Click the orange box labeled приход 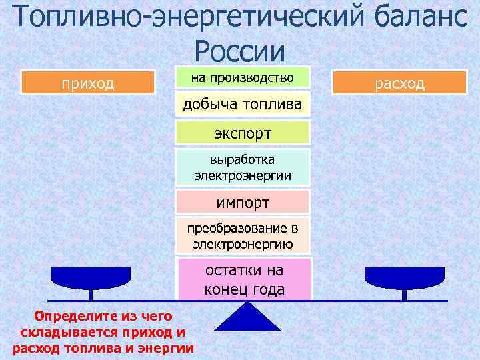click(x=87, y=83)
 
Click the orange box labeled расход click(x=399, y=83)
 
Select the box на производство click(x=243, y=77)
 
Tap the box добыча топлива click(x=243, y=105)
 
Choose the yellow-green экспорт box click(x=243, y=133)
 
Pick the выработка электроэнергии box click(x=243, y=167)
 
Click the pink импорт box click(x=243, y=201)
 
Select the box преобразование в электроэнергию click(x=243, y=235)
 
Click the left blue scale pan click(x=91, y=276)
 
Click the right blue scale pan click(x=403, y=276)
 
